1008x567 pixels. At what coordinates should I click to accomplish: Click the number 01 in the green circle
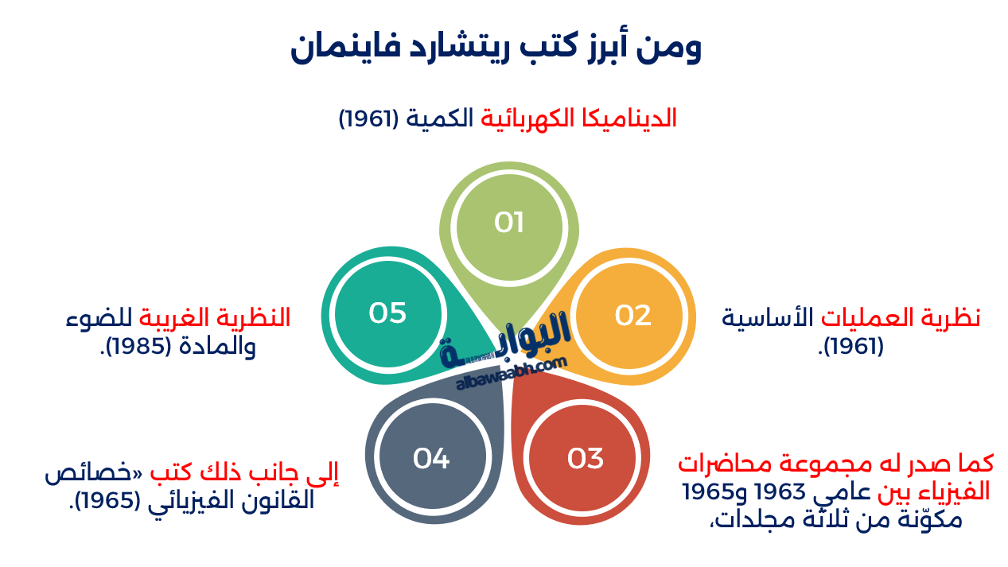point(508,223)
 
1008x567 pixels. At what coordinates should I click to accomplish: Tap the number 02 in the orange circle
point(632,316)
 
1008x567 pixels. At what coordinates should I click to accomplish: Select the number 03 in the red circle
point(585,458)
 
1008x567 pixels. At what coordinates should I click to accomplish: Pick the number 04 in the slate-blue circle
point(431,458)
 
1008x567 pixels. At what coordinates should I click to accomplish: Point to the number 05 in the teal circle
point(387,313)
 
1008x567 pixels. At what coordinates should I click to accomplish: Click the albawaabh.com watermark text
point(512,375)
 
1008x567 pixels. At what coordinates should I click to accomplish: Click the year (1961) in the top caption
point(368,119)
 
